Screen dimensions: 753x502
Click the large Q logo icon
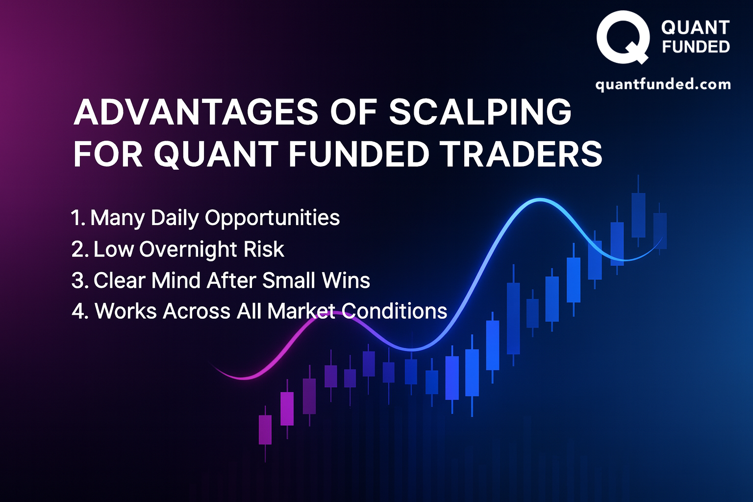(623, 37)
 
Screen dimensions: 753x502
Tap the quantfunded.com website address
(663, 84)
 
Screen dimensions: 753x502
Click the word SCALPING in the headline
(480, 111)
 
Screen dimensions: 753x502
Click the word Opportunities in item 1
(272, 218)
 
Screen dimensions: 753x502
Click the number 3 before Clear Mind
(79, 281)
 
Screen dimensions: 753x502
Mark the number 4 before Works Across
(80, 311)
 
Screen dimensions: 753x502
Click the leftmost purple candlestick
(265, 434)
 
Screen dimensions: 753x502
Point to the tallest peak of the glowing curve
(540, 200)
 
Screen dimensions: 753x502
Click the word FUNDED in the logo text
(696, 47)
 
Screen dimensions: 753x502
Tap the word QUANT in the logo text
(695, 27)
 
